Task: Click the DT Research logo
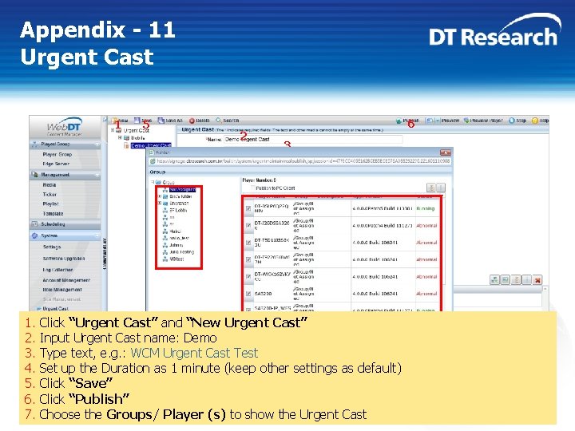[x=493, y=36]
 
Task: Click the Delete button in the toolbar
[x=200, y=121]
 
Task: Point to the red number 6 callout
[x=410, y=125]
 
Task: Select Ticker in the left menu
[x=50, y=194]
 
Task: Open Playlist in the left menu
[x=50, y=204]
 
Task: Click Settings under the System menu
[x=52, y=247]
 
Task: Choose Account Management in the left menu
[x=66, y=280]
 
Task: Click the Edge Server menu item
[x=56, y=164]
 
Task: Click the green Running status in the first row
[x=426, y=208]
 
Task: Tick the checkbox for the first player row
[x=248, y=209]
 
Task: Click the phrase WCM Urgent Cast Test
[x=194, y=353]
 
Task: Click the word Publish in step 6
[x=99, y=399]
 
